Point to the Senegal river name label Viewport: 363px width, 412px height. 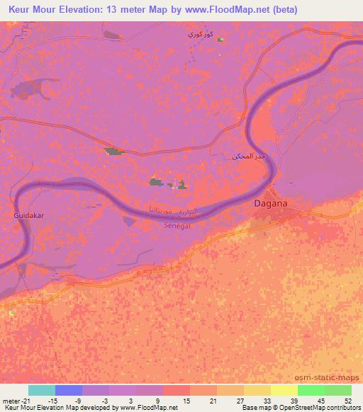tap(178, 224)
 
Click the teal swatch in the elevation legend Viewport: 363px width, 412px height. tap(42, 390)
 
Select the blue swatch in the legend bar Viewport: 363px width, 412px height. tap(69, 390)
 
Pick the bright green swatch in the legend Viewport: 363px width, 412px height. tap(311, 390)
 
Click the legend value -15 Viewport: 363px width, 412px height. tap(56, 400)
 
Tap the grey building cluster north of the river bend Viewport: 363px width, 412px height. tap(114, 151)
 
